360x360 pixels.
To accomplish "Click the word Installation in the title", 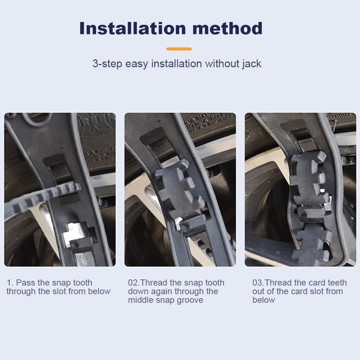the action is [x=132, y=28].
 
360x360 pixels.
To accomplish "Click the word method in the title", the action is [x=227, y=28].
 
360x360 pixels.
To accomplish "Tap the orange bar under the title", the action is [x=179, y=49].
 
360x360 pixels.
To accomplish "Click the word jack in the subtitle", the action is [x=252, y=64].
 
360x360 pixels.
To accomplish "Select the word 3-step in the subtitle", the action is [x=107, y=64].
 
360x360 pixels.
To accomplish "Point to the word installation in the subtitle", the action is [x=177, y=64].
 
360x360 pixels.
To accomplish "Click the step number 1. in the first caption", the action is [x=10, y=283].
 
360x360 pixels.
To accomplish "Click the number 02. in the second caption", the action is [x=134, y=283].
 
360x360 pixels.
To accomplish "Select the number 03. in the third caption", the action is [x=258, y=283].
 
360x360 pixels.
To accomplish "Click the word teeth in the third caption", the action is [x=337, y=283].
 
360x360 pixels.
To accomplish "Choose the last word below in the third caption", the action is [x=264, y=300].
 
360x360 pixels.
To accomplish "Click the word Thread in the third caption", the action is [x=278, y=283].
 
